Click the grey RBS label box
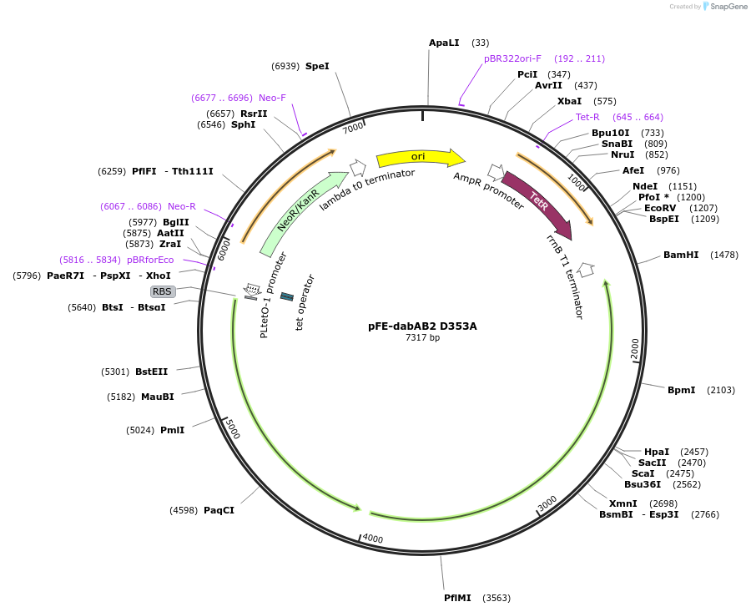[162, 291]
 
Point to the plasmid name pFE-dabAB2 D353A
[422, 326]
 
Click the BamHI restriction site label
[681, 255]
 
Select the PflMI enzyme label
[457, 598]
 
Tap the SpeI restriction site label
[317, 66]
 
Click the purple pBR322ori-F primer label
[512, 58]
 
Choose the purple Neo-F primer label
[272, 98]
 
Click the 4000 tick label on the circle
[372, 539]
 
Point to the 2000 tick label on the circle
[635, 349]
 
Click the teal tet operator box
[286, 296]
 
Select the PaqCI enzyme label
[219, 510]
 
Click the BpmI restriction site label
[681, 390]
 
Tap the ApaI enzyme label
[444, 43]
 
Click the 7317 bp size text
[422, 338]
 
